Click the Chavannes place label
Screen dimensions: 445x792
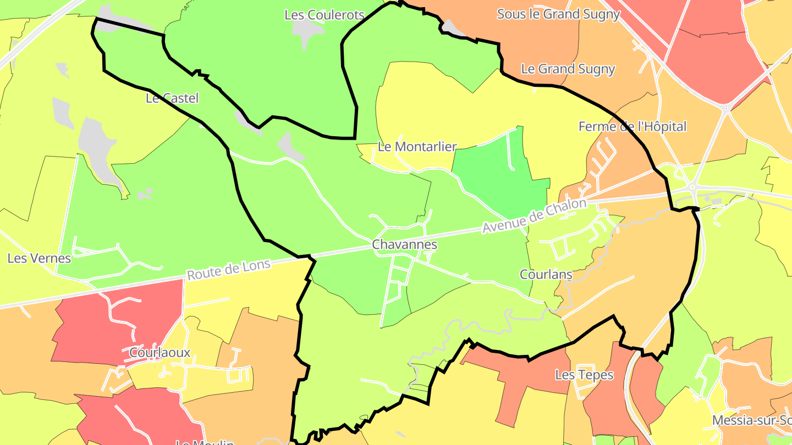pyautogui.click(x=404, y=244)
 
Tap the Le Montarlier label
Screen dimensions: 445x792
pyautogui.click(x=417, y=147)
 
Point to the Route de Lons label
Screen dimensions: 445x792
pyautogui.click(x=229, y=269)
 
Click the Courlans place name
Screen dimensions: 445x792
pyautogui.click(x=546, y=274)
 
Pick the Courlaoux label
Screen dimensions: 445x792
pyautogui.click(x=159, y=352)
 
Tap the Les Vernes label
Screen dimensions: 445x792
pyautogui.click(x=39, y=258)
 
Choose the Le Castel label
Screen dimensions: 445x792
pyautogui.click(x=172, y=98)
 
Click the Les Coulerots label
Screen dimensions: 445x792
pyautogui.click(x=324, y=15)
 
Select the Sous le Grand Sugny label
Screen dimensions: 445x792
pyautogui.click(x=558, y=14)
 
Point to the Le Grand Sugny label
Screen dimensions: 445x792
pyautogui.click(x=568, y=69)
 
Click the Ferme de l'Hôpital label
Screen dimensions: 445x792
pyautogui.click(x=632, y=126)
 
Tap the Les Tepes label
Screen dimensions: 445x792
pyautogui.click(x=584, y=375)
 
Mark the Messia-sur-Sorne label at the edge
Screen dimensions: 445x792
pyautogui.click(x=751, y=420)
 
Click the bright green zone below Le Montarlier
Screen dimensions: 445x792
pyautogui.click(x=498, y=176)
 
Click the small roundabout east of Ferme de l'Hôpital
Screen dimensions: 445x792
pyautogui.click(x=693, y=187)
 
